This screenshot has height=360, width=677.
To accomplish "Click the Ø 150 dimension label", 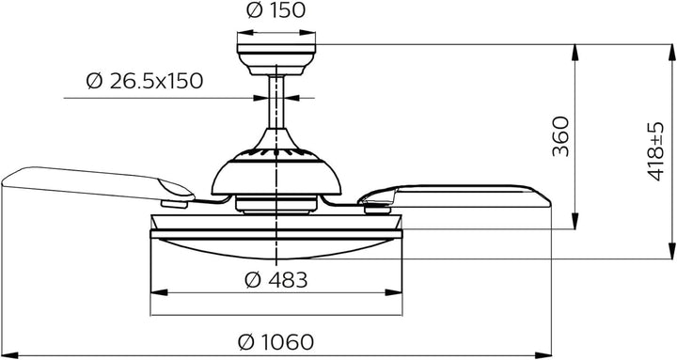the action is [x=276, y=10].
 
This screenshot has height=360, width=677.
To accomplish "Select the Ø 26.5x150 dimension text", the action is [x=145, y=81].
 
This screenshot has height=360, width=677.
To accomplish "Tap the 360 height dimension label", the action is [x=561, y=136].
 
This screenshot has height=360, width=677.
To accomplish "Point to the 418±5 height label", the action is [x=655, y=151].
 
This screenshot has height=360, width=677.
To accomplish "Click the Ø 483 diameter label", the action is [x=276, y=280].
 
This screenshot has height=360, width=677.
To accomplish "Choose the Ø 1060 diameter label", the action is [x=276, y=342].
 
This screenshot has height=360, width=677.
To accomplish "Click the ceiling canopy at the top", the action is [x=276, y=59].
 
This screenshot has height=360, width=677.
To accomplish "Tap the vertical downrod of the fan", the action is [x=276, y=102].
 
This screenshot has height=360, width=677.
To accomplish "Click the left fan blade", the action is [x=97, y=183].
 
